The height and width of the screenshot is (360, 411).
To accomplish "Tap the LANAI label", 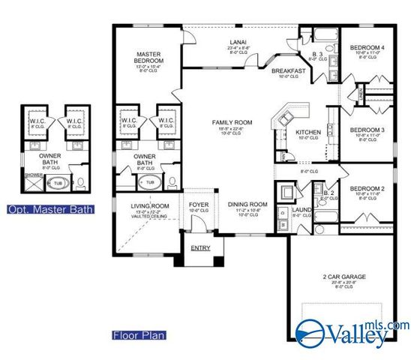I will (238, 42).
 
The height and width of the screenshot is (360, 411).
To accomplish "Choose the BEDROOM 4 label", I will (367, 48).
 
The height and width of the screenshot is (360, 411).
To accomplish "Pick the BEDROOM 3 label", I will (367, 129).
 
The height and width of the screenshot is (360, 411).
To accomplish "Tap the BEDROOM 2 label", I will (367, 187).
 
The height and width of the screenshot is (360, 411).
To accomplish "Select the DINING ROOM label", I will (247, 204).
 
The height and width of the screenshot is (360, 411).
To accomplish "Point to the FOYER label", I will (199, 203).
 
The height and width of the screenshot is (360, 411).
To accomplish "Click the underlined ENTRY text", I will (200, 247).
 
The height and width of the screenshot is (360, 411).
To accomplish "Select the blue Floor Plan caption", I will (139, 334).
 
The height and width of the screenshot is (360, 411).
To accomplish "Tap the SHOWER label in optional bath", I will (32, 175).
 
